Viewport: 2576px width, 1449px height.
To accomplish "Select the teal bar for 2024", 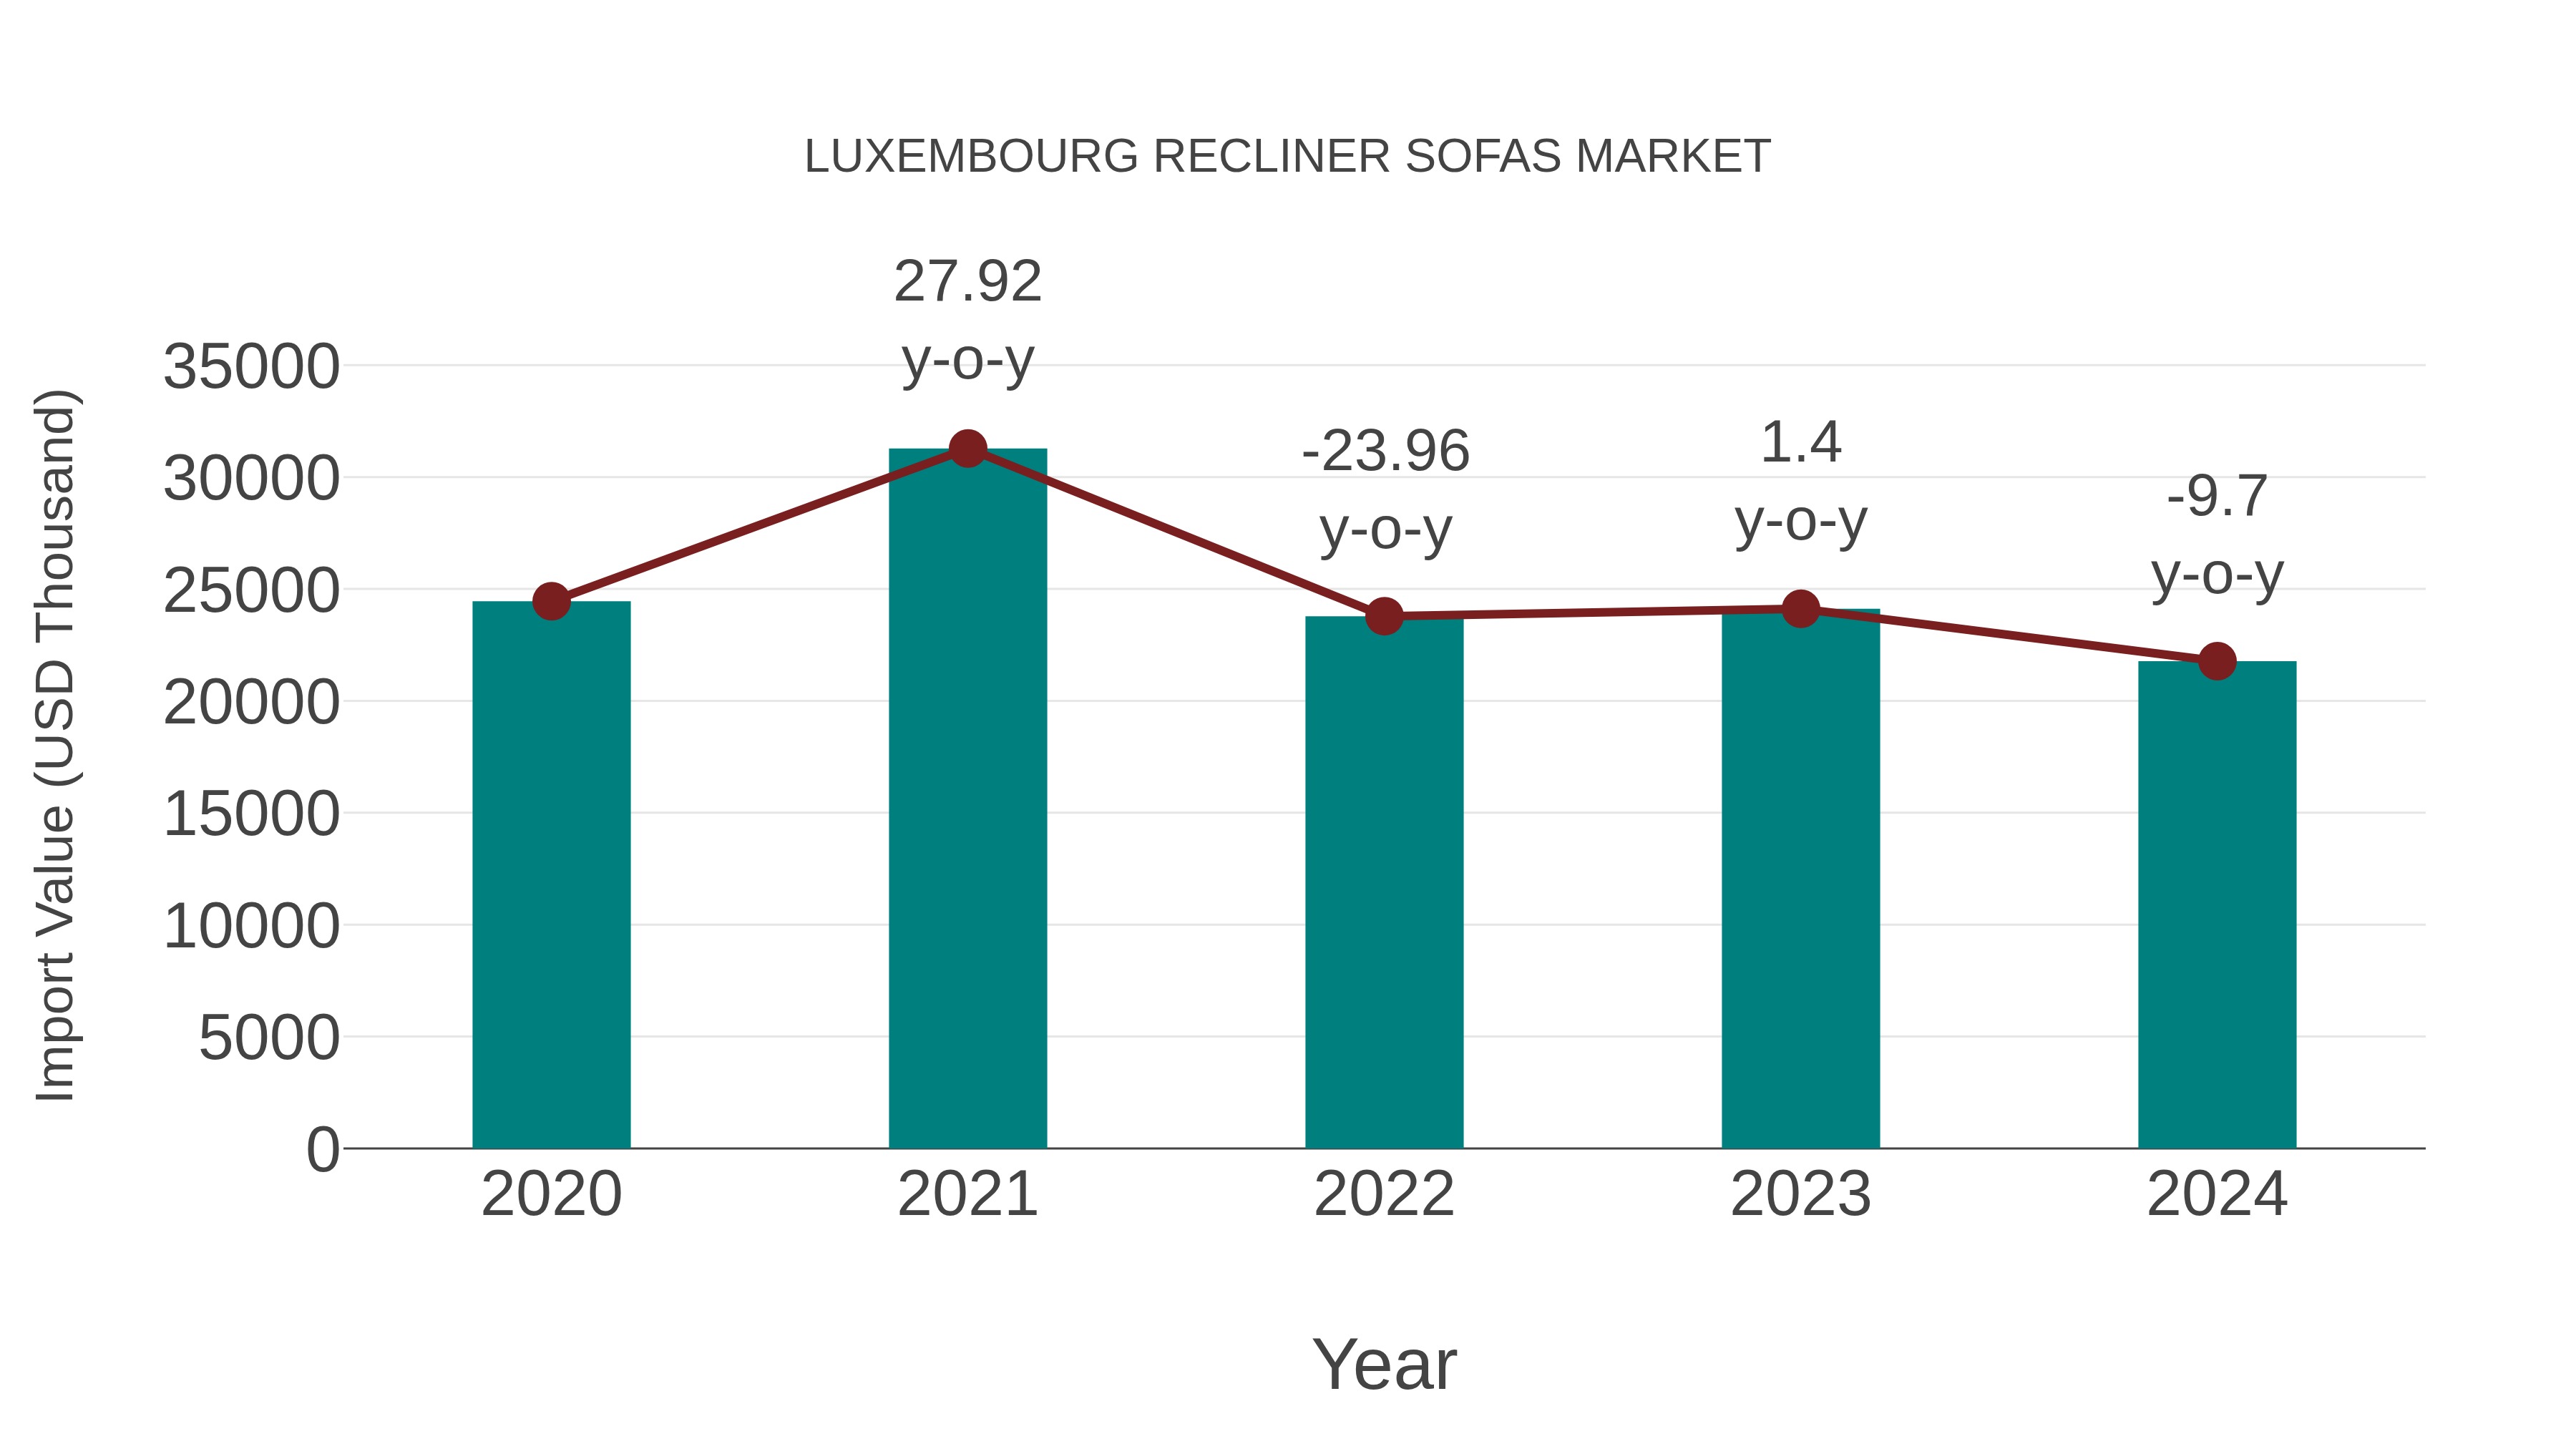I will [2217, 905].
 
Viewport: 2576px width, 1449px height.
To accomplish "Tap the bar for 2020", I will [551, 875].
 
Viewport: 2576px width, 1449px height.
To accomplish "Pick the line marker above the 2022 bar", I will [1384, 617].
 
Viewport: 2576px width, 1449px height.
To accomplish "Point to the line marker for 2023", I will [1800, 608].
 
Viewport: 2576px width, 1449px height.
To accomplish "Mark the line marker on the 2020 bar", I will [551, 601].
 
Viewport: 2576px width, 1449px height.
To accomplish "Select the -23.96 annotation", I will [1385, 451].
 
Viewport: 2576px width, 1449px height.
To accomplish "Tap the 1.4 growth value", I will [1800, 442].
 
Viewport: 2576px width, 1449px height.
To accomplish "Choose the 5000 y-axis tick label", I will [269, 1038].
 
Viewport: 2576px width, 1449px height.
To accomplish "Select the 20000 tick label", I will [251, 702].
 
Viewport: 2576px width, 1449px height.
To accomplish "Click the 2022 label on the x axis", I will [1384, 1194].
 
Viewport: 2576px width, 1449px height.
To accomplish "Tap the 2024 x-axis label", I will [2217, 1194].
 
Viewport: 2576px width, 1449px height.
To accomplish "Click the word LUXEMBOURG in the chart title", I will [971, 157].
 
